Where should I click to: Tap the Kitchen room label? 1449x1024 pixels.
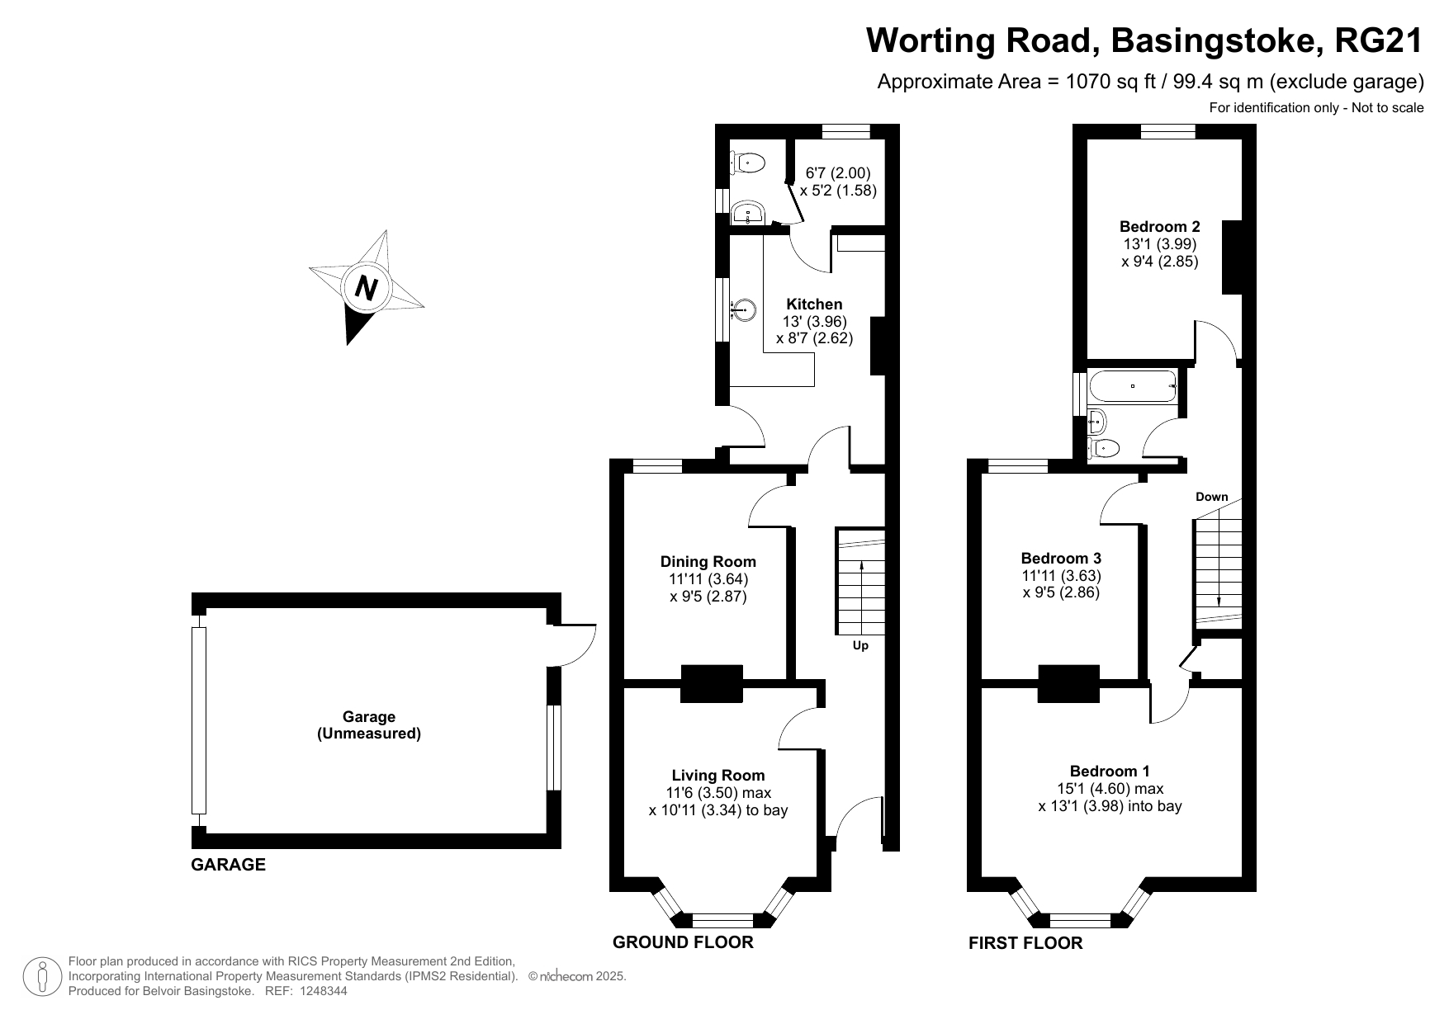tap(814, 304)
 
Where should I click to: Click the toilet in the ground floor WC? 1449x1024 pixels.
tap(746, 163)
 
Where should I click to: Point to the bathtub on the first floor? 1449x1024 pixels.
tap(1133, 386)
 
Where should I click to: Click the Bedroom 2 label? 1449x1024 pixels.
tap(1159, 226)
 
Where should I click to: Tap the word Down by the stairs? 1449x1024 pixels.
tap(1211, 497)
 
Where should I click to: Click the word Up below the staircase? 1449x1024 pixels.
tap(860, 645)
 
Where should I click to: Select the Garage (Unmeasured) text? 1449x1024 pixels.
tap(369, 725)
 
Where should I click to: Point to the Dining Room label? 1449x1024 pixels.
tap(708, 562)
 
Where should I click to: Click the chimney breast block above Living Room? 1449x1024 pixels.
tap(711, 683)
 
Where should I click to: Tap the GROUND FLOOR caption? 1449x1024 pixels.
tap(682, 942)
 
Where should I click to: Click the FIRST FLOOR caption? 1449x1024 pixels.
tap(1025, 943)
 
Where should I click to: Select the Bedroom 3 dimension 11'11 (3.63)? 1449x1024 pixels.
tap(1061, 575)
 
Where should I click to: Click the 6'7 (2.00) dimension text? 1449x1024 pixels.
tap(837, 173)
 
